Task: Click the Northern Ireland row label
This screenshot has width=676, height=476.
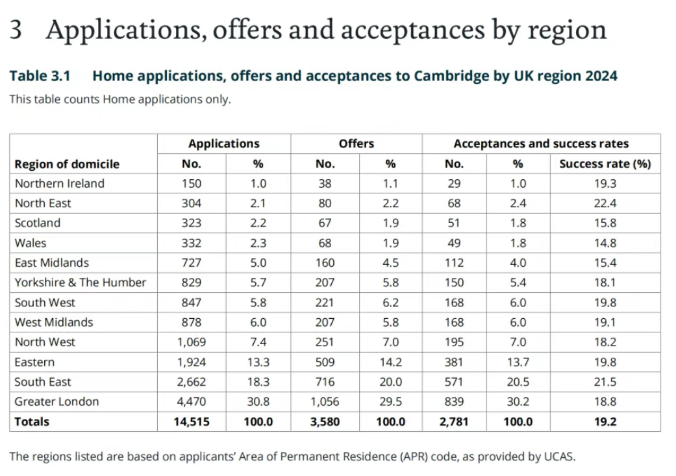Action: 59,183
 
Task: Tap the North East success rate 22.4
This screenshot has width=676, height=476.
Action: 605,203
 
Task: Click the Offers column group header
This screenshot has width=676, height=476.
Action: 356,144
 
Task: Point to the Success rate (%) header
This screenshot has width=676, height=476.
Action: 605,164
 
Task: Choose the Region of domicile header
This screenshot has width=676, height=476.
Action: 67,164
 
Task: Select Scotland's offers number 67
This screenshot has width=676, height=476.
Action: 325,223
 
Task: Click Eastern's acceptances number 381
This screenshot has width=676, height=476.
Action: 454,362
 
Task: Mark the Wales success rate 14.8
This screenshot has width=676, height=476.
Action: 605,243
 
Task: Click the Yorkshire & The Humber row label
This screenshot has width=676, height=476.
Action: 81,282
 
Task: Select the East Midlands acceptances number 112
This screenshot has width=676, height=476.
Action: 454,263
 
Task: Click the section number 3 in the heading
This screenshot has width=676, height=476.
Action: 16,30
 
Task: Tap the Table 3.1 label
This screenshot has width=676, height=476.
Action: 40,76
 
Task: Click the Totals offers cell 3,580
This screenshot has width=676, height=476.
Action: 325,421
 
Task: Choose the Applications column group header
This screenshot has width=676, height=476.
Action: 223,144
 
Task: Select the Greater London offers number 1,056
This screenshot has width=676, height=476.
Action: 325,401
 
